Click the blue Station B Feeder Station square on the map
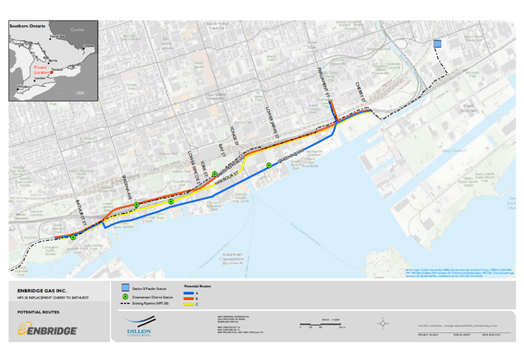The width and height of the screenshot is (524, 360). click(x=438, y=43)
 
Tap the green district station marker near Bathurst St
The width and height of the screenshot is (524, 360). click(x=74, y=237)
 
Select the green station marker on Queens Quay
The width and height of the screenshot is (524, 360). click(x=269, y=165)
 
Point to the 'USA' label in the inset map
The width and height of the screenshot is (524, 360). click(x=79, y=93)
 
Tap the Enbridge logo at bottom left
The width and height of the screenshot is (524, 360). click(x=48, y=330)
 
